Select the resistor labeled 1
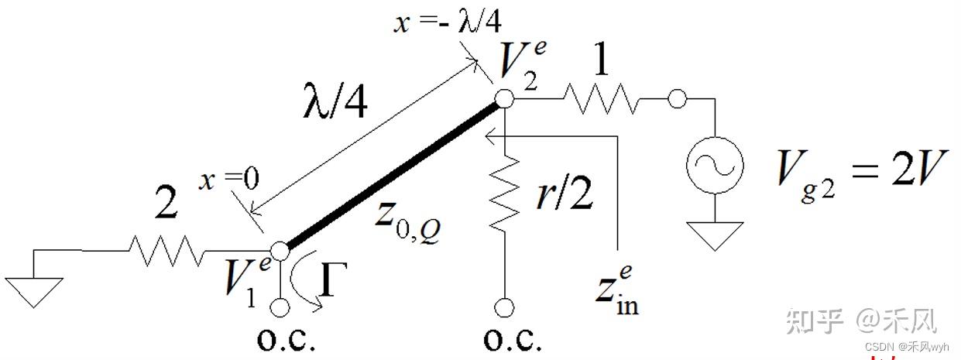pyautogui.click(x=601, y=98)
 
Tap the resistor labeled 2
pyautogui.click(x=166, y=250)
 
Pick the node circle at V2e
pyautogui.click(x=504, y=98)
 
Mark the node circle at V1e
pyautogui.click(x=280, y=250)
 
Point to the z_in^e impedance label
pyautogui.click(x=616, y=290)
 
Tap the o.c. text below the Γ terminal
pyautogui.click(x=286, y=341)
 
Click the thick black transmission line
pyautogui.click(x=391, y=175)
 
